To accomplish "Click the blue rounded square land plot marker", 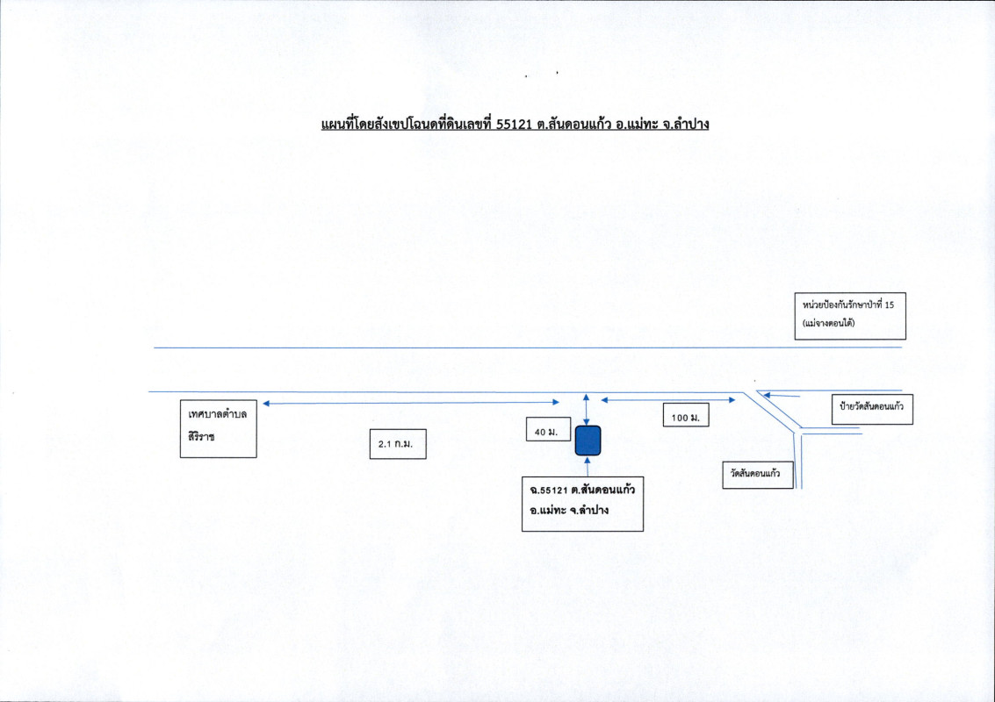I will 588,440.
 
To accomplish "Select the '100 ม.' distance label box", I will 685,418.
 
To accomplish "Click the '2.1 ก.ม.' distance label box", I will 397,447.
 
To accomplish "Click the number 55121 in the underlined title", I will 514,125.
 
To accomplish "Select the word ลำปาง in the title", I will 688,125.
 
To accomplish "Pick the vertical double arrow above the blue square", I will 587,409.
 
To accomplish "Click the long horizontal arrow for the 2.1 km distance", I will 411,403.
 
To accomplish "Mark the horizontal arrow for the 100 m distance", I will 667,401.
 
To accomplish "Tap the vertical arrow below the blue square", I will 587,466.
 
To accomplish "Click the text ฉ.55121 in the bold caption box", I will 547,490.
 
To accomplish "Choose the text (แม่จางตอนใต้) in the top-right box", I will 829,324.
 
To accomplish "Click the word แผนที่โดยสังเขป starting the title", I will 361,125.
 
